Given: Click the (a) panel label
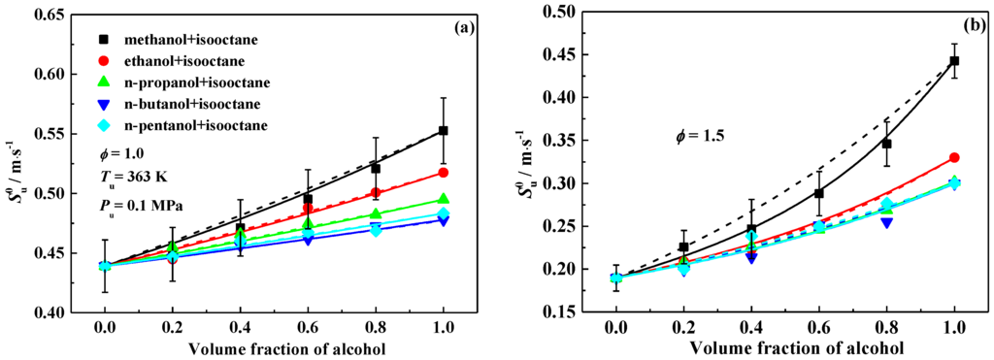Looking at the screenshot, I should click(460, 28).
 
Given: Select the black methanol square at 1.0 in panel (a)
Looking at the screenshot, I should click(444, 130).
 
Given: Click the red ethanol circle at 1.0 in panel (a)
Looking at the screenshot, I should click(444, 172).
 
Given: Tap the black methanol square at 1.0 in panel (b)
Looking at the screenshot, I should click(954, 61).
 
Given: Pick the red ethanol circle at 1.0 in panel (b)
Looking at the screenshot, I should click(954, 157).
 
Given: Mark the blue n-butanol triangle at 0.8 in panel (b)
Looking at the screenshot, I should click(886, 223).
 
